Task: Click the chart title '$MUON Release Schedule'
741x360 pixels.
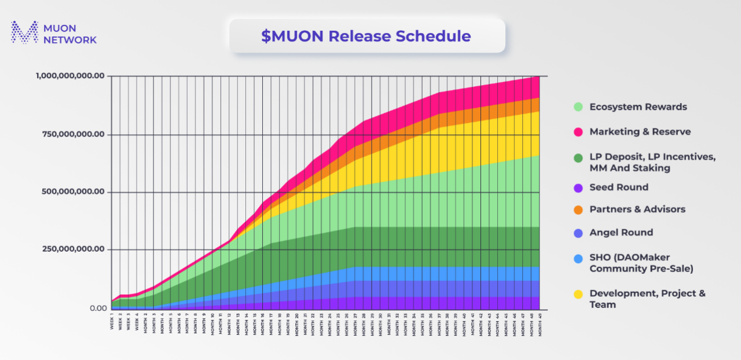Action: pos(366,36)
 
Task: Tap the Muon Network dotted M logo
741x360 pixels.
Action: pos(25,32)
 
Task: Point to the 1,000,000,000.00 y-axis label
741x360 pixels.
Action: pos(71,76)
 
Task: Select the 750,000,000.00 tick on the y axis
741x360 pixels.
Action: pos(74,134)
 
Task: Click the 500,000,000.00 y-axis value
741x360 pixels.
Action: pos(74,192)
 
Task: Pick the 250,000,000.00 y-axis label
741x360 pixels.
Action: pos(74,249)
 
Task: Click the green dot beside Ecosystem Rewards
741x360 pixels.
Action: pos(578,107)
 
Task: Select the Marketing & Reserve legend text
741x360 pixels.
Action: pos(640,132)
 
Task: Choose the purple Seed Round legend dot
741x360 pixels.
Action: pos(578,188)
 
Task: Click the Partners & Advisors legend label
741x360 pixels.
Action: pos(637,210)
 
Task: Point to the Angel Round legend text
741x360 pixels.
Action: pos(621,233)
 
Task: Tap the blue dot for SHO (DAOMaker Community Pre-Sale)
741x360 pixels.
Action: pos(578,258)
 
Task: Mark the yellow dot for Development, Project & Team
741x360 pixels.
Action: pos(578,294)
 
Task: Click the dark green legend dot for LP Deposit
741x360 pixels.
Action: pos(578,157)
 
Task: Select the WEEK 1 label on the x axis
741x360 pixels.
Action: pos(112,321)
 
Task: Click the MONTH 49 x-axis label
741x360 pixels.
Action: pos(540,324)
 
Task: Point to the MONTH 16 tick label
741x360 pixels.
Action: pos(262,324)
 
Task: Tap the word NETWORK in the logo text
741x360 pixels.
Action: pos(70,40)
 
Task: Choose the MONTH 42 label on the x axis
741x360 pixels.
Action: pos(480,324)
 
